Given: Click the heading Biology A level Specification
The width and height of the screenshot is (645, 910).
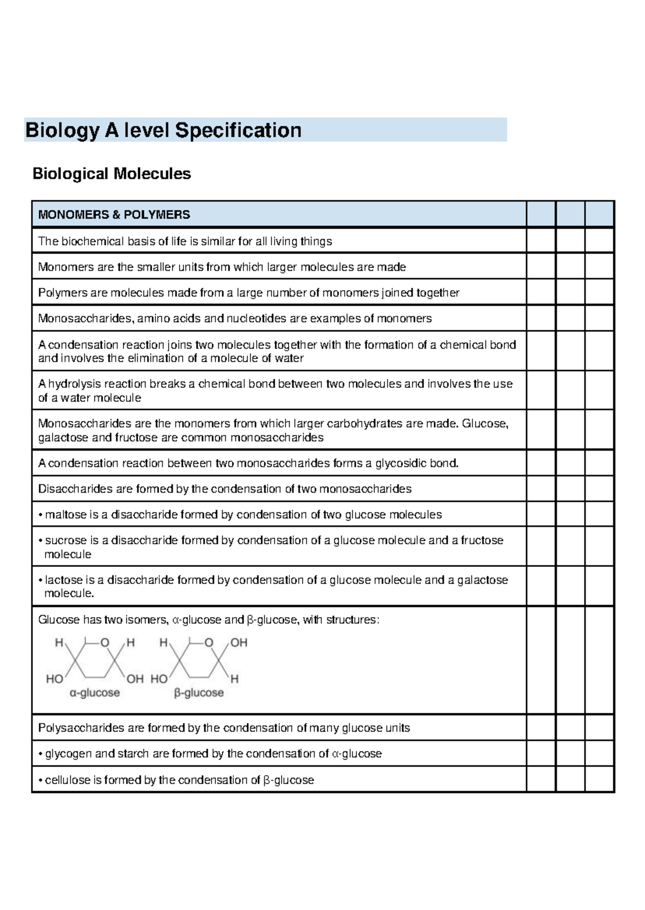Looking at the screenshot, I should point(163,131).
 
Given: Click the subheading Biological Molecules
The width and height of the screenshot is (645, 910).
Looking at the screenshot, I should point(112,174).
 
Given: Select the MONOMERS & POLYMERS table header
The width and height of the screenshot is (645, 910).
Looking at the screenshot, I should point(114,215).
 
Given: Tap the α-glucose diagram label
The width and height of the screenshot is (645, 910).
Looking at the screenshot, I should point(95,694).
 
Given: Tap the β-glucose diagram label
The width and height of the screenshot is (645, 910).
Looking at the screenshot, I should point(198,694).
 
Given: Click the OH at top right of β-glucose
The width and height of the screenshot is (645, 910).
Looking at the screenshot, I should point(239,643).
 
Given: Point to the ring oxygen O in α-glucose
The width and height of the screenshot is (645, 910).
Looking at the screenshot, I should point(105,643).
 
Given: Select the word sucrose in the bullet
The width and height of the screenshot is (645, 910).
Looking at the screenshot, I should point(66,540).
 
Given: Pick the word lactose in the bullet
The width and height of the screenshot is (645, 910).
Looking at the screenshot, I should point(64,580).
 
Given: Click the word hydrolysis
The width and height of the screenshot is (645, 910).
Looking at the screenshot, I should point(75,384).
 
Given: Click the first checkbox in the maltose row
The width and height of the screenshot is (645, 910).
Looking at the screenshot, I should point(541,515).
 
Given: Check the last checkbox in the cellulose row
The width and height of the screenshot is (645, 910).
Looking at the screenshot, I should point(599,779).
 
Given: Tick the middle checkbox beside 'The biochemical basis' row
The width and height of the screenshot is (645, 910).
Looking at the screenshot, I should point(570,241).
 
